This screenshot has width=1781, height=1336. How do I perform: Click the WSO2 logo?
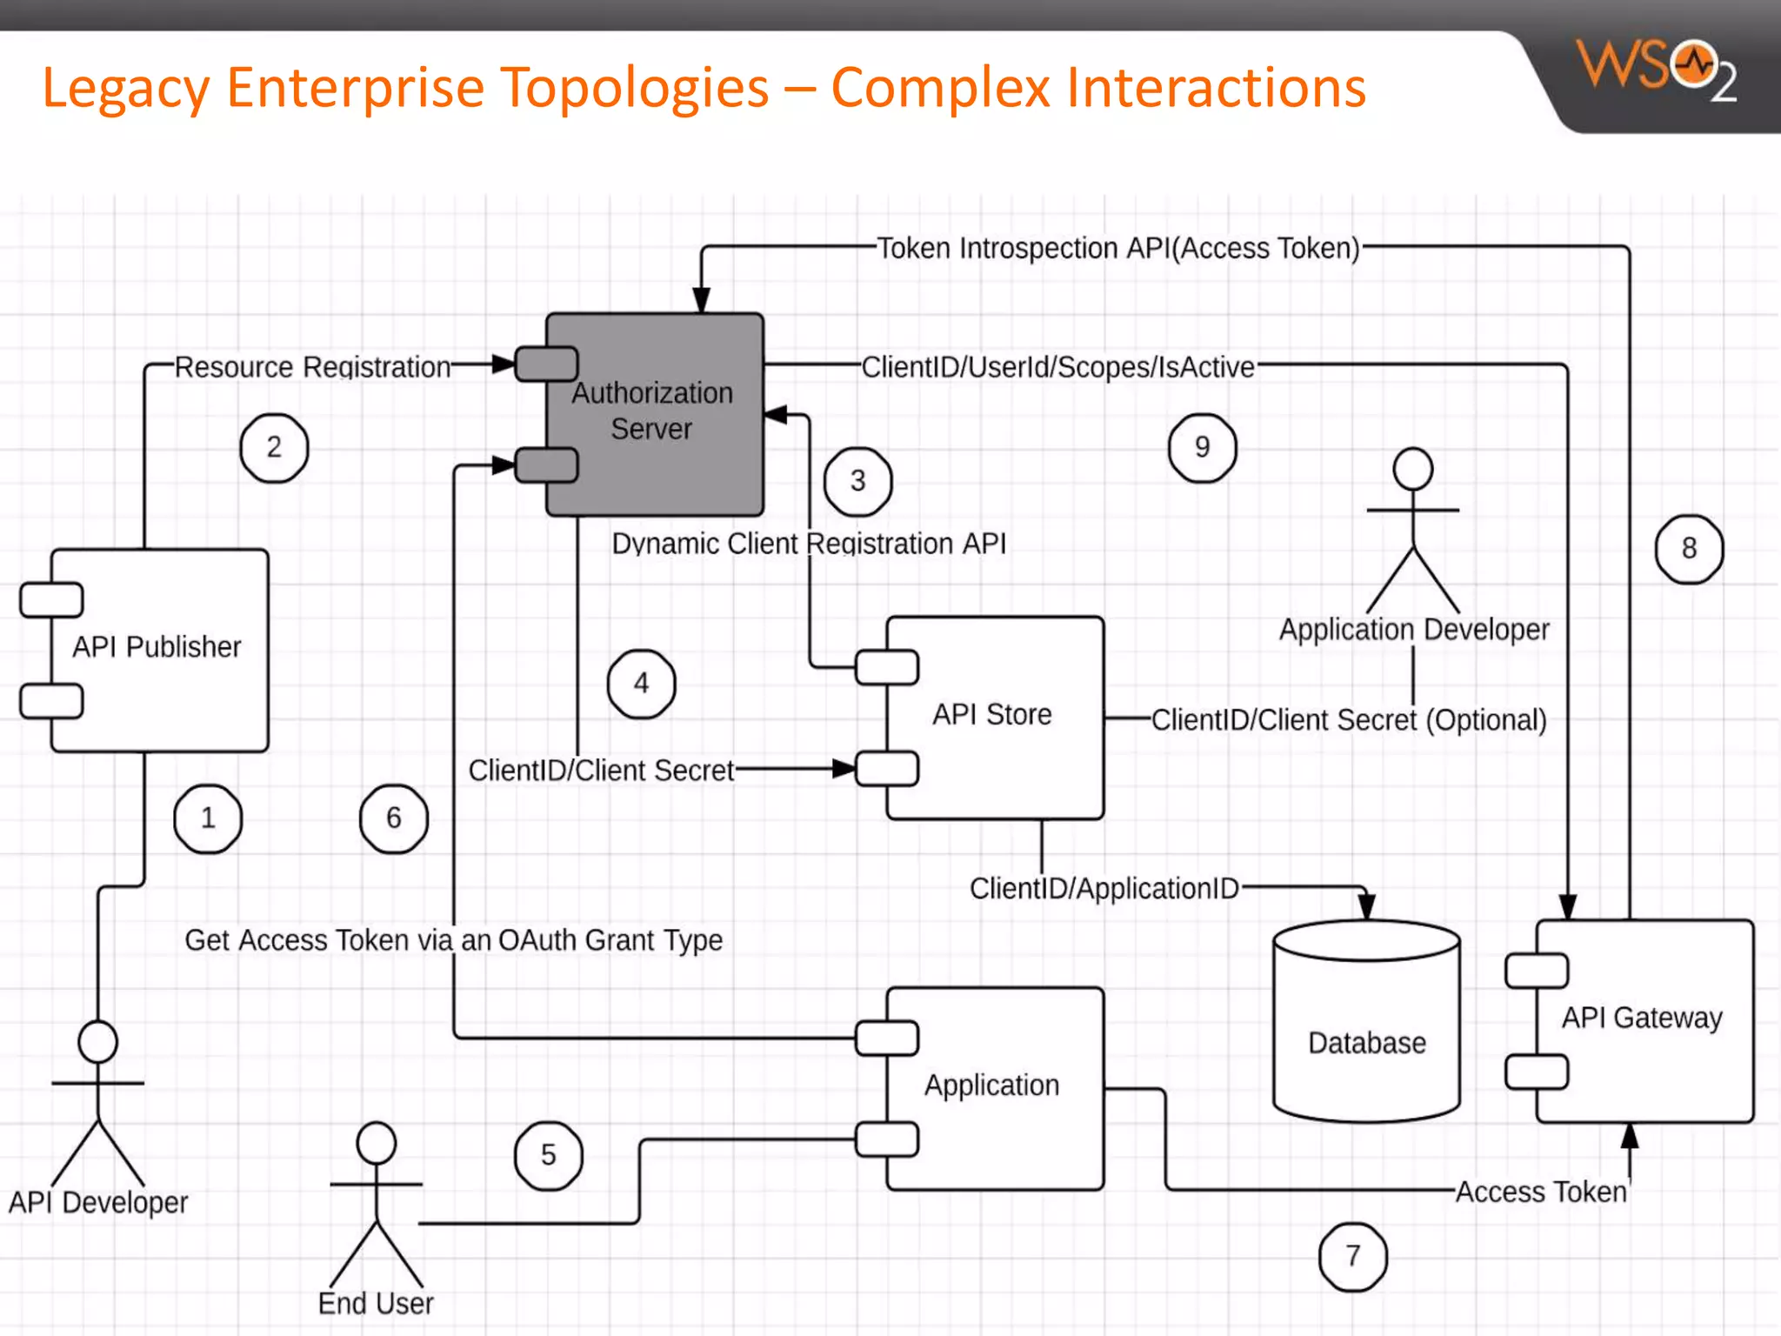(1656, 70)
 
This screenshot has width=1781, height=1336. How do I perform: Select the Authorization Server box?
(654, 413)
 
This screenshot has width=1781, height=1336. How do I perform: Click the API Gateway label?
(1642, 1018)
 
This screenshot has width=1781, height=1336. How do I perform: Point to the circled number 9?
(1202, 448)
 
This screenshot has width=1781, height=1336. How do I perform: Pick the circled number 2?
(274, 448)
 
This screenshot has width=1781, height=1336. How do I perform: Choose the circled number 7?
(1352, 1256)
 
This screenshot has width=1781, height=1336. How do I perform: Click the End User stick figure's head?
(377, 1143)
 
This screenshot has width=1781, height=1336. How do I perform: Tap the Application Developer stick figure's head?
(1412, 470)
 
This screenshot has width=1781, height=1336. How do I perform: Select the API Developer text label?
(98, 1202)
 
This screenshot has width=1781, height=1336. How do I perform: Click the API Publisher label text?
(157, 647)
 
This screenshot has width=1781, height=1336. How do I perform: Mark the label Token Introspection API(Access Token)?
(1117, 249)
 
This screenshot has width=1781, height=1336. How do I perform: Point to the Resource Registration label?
(313, 367)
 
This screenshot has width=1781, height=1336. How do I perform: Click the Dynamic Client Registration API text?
(809, 544)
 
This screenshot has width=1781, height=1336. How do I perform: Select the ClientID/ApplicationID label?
(1104, 888)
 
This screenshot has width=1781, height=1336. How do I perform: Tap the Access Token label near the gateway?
(1541, 1192)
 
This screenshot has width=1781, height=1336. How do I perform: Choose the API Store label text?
(992, 715)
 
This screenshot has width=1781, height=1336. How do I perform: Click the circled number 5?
(548, 1155)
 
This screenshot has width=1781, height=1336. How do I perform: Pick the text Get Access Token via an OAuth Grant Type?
(453, 940)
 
